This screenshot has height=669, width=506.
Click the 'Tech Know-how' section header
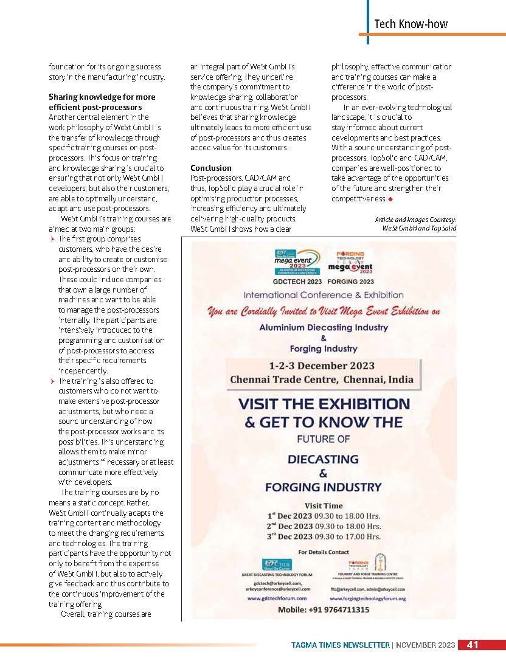click(x=411, y=24)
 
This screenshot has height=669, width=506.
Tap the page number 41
click(x=473, y=645)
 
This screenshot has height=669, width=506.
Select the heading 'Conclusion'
click(x=211, y=167)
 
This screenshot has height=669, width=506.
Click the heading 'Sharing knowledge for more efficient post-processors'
click(x=102, y=102)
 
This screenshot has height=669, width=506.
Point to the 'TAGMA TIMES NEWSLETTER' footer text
click(x=339, y=645)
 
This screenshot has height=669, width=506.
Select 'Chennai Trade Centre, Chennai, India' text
click(x=322, y=380)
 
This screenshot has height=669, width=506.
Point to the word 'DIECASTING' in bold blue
click(x=323, y=459)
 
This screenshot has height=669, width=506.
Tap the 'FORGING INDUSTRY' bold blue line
click(x=323, y=487)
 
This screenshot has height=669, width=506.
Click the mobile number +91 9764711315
click(x=323, y=609)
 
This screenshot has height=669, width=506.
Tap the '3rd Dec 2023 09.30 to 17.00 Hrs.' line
click(x=323, y=536)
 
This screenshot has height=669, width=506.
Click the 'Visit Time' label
click(x=323, y=505)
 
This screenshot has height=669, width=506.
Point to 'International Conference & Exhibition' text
click(x=323, y=294)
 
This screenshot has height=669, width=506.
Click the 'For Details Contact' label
click(x=323, y=552)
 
